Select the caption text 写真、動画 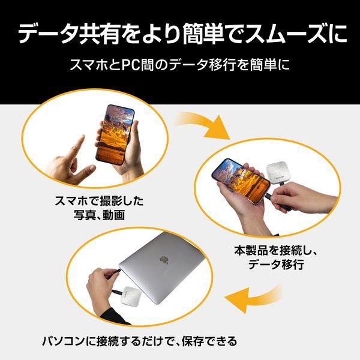pyautogui.click(x=98, y=215)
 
